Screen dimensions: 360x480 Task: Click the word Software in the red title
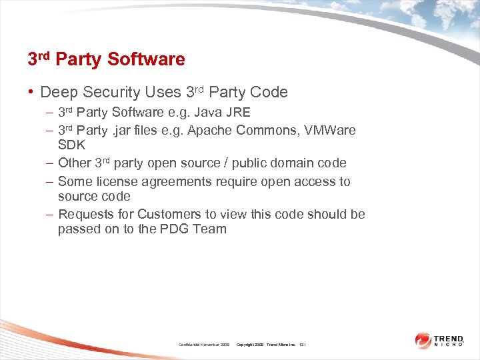coord(146,59)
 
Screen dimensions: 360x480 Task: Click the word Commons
coord(262,130)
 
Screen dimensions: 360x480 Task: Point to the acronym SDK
coord(71,145)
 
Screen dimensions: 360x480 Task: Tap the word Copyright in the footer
coord(249,344)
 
